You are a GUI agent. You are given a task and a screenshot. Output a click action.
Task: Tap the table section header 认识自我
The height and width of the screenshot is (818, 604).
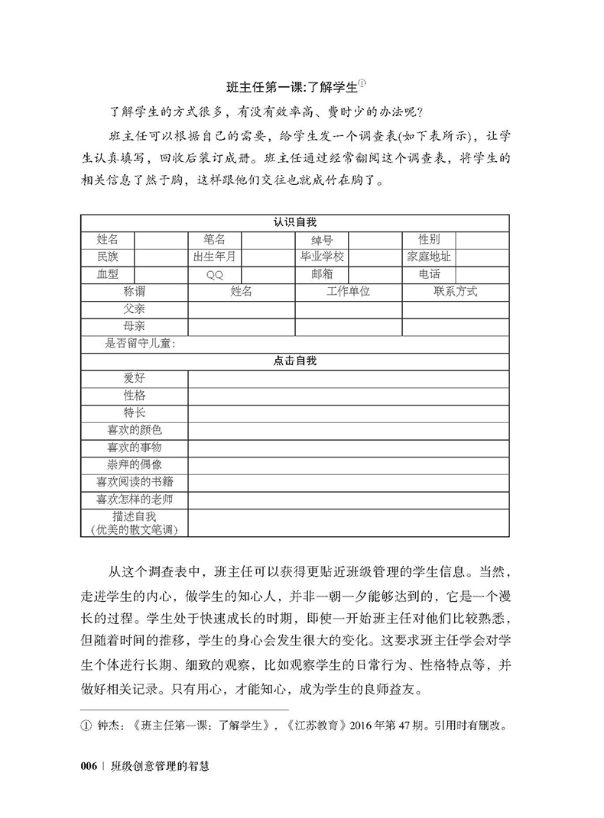pyautogui.click(x=295, y=221)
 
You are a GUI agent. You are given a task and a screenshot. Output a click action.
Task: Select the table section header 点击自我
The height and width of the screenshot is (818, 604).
pyautogui.click(x=295, y=361)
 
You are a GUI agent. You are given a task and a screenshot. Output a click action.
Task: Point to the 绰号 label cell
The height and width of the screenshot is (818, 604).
pyautogui.click(x=322, y=239)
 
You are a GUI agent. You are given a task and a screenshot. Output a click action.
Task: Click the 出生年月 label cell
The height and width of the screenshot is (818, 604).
pyautogui.click(x=215, y=257)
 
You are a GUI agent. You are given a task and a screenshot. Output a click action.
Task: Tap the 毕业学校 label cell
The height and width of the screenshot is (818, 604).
pyautogui.click(x=322, y=257)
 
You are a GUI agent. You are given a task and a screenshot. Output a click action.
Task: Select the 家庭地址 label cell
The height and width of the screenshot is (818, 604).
pyautogui.click(x=429, y=257)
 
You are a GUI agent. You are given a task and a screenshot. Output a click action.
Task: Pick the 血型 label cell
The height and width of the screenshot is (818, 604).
pyautogui.click(x=108, y=274)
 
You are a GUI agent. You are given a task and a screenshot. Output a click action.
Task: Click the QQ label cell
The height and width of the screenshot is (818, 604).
pyautogui.click(x=215, y=275)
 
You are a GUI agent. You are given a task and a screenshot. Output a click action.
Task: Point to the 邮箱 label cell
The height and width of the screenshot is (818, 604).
pyautogui.click(x=322, y=274)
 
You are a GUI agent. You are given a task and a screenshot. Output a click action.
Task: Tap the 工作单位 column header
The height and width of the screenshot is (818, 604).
pyautogui.click(x=349, y=292)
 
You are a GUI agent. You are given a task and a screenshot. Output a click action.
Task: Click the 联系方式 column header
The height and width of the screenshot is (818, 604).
pyautogui.click(x=456, y=292)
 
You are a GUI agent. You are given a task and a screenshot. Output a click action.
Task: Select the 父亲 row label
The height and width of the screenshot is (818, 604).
pyautogui.click(x=135, y=309)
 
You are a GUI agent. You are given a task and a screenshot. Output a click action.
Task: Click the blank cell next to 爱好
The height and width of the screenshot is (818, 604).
pyautogui.click(x=349, y=379)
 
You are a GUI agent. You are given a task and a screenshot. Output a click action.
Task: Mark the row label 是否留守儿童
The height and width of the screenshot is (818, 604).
pyautogui.click(x=141, y=344)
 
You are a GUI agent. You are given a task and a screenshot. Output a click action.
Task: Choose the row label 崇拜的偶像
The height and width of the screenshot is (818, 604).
pyautogui.click(x=135, y=465)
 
